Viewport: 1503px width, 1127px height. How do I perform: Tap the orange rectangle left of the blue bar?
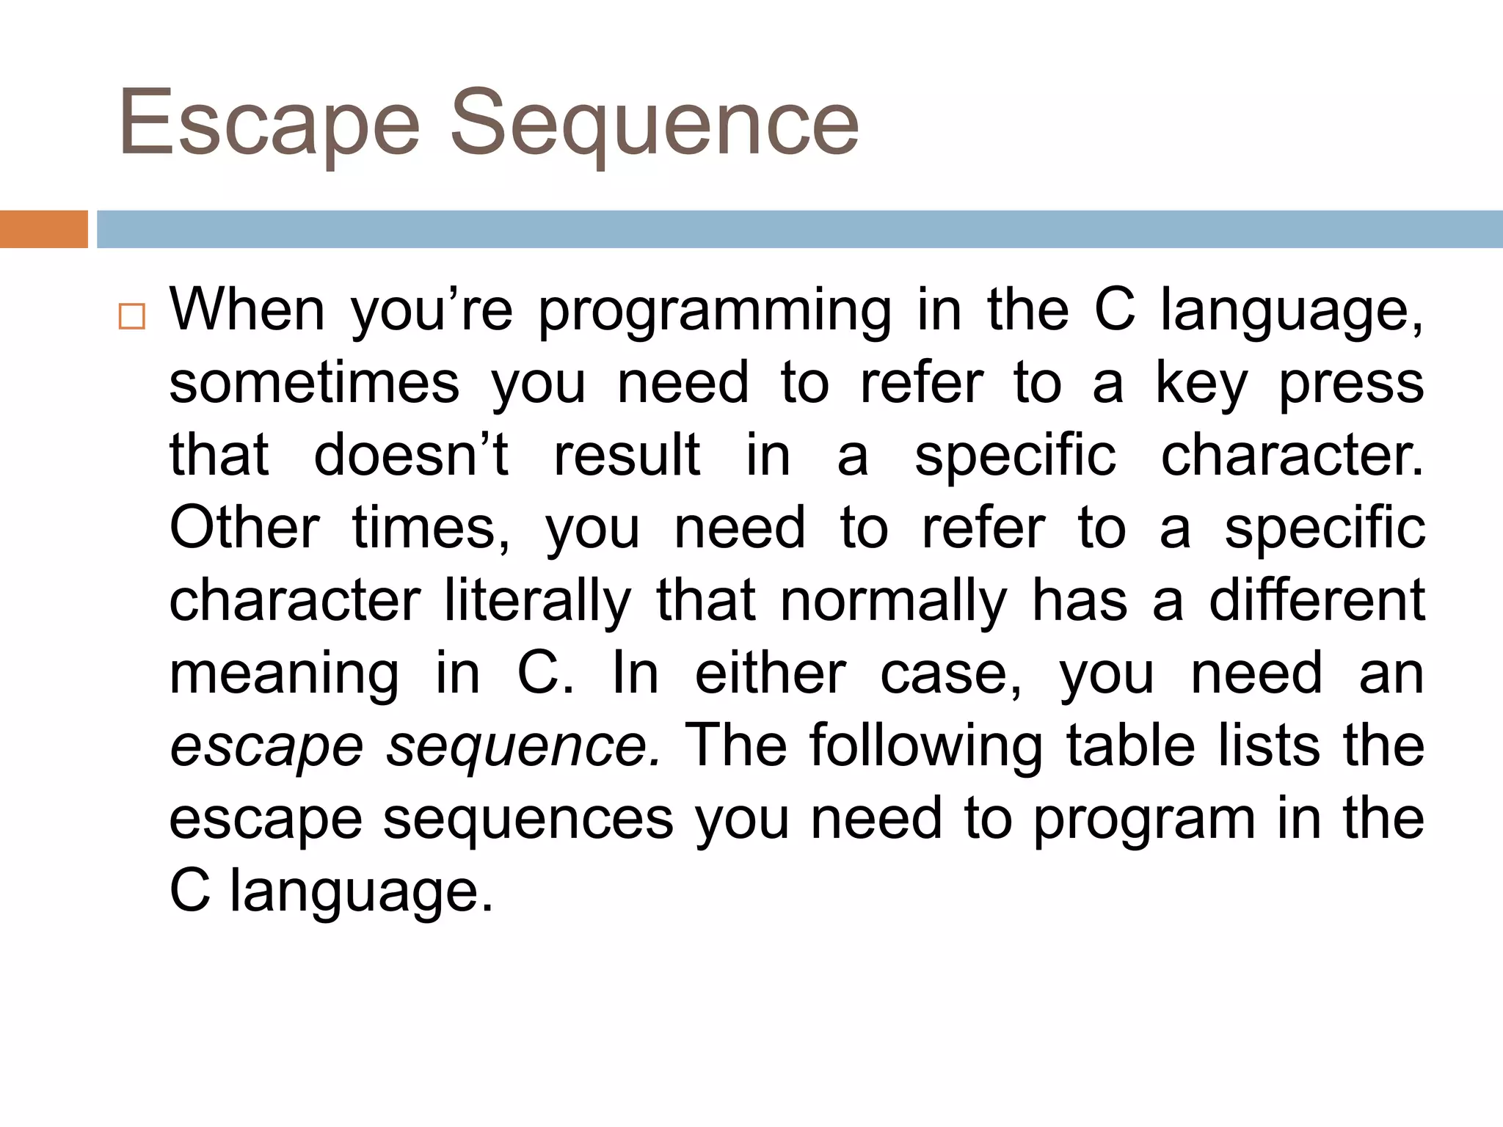[x=43, y=229]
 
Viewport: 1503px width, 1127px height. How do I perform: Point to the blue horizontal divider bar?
[x=800, y=229]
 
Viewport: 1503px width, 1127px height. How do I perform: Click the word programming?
[x=715, y=313]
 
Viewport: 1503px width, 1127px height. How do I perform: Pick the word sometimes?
[x=314, y=383]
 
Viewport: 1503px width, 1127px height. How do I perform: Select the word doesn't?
[x=411, y=455]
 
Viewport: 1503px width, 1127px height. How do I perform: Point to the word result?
[x=627, y=455]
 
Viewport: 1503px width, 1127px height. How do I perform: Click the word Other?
[x=244, y=528]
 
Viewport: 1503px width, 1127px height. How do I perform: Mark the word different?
[x=1317, y=600]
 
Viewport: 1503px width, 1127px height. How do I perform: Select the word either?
[x=771, y=673]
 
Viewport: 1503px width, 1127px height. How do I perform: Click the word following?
[x=926, y=746]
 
